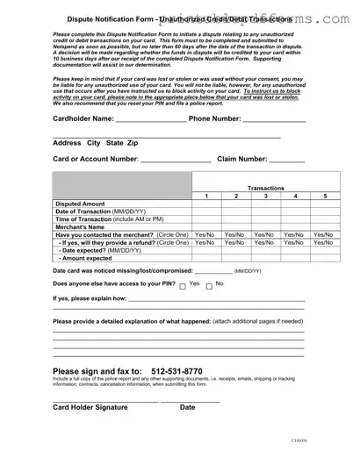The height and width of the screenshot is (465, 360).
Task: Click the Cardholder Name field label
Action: (x=83, y=118)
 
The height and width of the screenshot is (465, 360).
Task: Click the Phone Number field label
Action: (x=214, y=118)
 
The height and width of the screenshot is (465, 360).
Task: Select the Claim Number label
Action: (x=241, y=159)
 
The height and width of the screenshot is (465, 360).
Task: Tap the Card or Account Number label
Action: (x=96, y=159)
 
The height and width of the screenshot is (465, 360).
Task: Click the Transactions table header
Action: (x=265, y=188)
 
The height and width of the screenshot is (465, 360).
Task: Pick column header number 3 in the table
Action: (x=265, y=197)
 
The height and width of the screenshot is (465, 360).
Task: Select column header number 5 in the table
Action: (x=325, y=197)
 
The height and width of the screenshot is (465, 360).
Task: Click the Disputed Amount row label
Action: (x=80, y=204)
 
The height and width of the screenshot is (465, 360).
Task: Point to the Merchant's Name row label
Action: (x=81, y=227)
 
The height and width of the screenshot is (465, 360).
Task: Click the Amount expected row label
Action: (x=86, y=259)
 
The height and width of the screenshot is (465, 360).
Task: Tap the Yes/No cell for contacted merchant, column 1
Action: (x=205, y=235)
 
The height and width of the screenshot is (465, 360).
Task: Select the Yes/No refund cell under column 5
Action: (x=325, y=243)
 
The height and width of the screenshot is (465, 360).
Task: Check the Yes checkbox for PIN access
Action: (x=182, y=286)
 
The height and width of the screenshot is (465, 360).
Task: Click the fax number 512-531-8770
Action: (x=176, y=371)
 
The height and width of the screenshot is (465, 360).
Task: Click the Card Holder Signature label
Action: (x=90, y=408)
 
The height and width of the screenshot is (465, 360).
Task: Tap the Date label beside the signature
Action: (x=187, y=408)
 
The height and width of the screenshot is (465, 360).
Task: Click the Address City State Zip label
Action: (x=95, y=142)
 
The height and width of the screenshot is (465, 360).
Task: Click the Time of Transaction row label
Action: (x=109, y=219)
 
